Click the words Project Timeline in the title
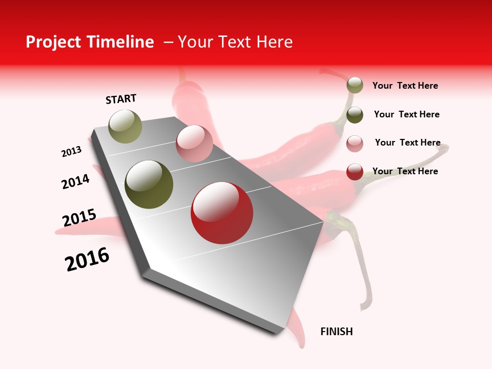(x=90, y=42)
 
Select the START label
(x=121, y=99)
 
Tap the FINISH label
(x=337, y=332)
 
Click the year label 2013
(x=71, y=152)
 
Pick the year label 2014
(x=75, y=181)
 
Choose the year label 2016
(x=87, y=259)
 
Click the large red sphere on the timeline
(x=222, y=213)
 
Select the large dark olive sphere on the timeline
(x=149, y=184)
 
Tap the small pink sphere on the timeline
(x=194, y=143)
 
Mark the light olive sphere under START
(x=126, y=126)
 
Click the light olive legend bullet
(x=355, y=86)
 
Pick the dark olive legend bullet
(x=355, y=114)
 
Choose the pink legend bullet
(x=355, y=143)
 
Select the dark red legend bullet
(x=355, y=172)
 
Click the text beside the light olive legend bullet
(x=405, y=86)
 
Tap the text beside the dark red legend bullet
(x=405, y=171)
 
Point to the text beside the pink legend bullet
(x=407, y=142)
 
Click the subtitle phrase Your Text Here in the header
(x=235, y=42)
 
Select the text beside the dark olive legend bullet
(x=406, y=114)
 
